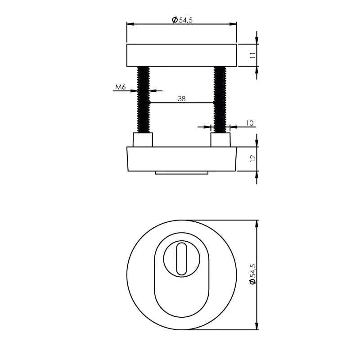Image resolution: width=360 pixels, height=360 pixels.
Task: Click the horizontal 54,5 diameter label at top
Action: point(182,19)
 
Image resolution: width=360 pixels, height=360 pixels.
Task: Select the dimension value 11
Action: point(252,55)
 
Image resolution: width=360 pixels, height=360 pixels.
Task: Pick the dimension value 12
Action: point(252,158)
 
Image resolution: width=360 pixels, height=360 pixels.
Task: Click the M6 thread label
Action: point(120,87)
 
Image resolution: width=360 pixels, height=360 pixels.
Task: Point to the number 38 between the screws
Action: point(181,98)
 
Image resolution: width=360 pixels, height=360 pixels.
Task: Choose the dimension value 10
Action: point(250,123)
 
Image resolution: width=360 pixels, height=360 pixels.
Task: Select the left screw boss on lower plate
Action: point(143,140)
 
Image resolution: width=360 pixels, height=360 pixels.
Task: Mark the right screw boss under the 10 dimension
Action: point(220,140)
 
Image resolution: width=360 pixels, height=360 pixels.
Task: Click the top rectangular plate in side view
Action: point(181,55)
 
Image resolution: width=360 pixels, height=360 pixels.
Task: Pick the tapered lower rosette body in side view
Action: point(181,159)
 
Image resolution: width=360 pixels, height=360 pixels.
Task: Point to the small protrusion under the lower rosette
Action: point(181,173)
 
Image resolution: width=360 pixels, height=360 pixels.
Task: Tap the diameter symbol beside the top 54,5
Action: point(175,19)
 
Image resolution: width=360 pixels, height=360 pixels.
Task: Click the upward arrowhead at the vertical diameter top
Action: point(257,223)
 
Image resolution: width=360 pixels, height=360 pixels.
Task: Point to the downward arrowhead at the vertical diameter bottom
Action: point(257,327)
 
